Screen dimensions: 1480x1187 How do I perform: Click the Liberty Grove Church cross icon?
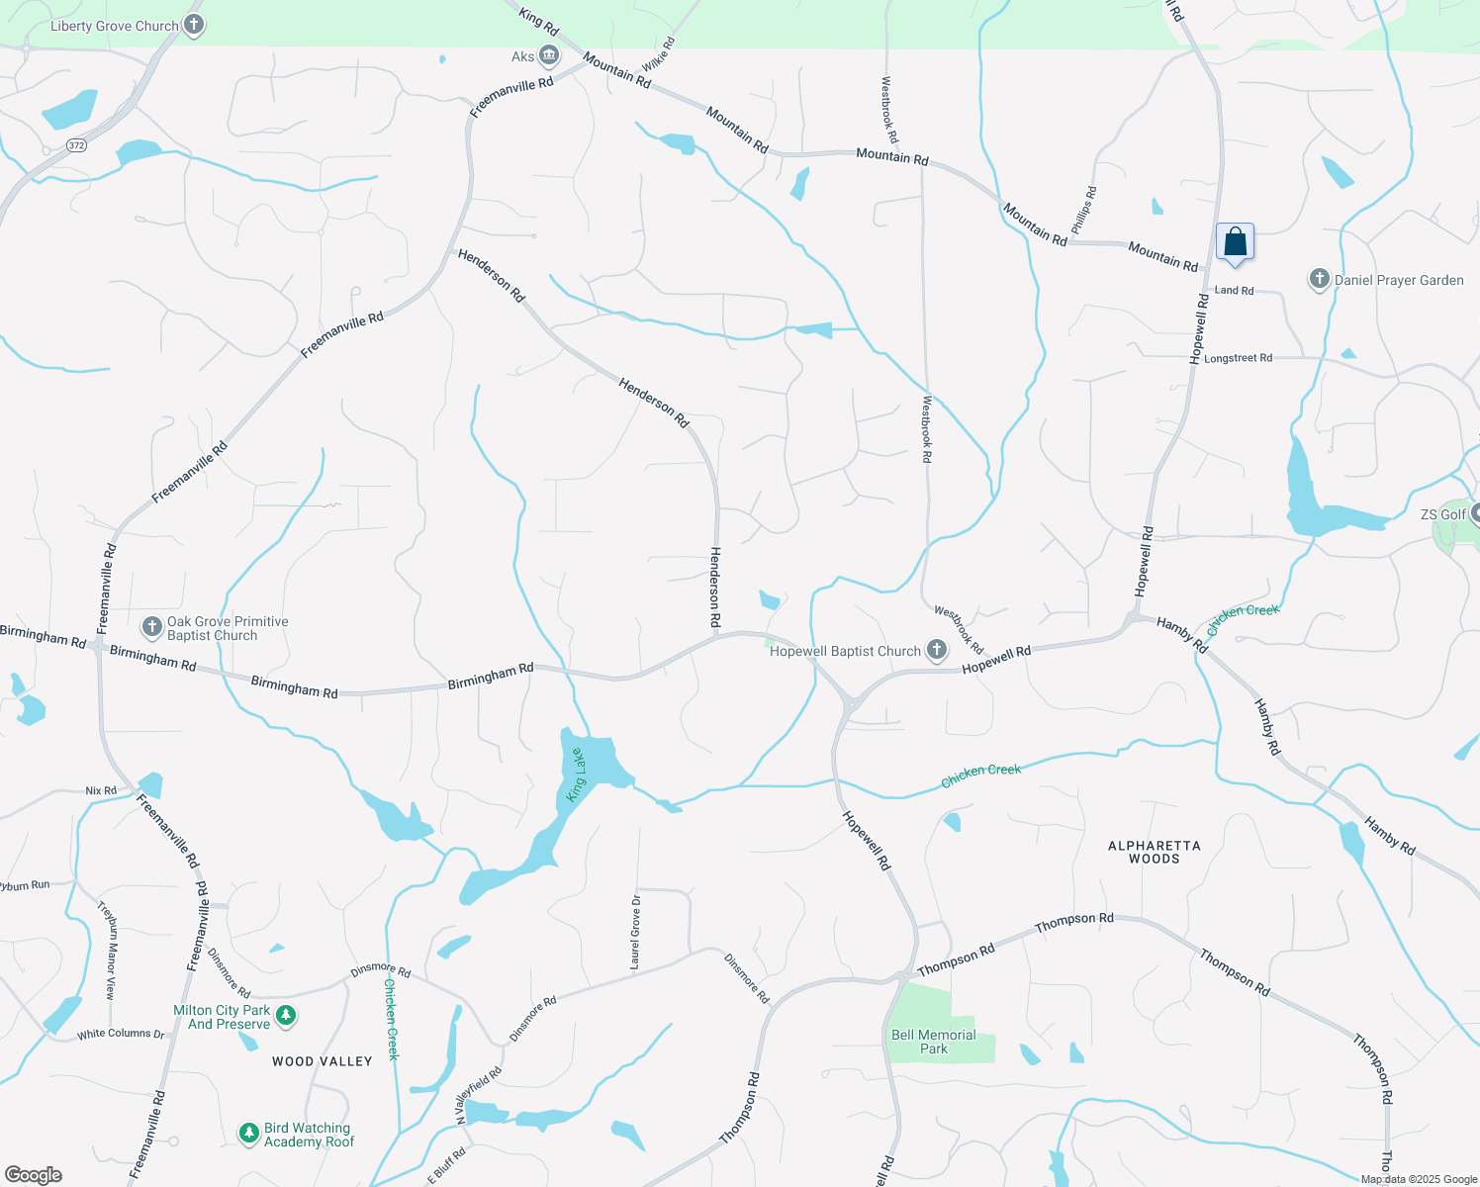coord(194,25)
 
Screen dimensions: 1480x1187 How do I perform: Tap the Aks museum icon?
coord(549,55)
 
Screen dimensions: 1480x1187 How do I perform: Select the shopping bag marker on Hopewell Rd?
coord(1235,241)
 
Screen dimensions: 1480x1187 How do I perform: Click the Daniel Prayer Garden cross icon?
coord(1319,279)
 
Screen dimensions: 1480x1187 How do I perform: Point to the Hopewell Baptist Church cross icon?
coord(936,650)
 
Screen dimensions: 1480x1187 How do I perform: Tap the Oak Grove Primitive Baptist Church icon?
coord(152,626)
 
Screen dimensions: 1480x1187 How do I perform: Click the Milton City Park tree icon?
coord(286,1015)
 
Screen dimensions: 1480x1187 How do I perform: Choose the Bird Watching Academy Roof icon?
coord(249,1133)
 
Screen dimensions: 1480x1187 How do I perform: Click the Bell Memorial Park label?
coord(933,1042)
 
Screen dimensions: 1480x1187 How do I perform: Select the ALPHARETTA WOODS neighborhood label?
coord(1154,852)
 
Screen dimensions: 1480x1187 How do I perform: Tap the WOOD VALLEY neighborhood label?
coord(323,1061)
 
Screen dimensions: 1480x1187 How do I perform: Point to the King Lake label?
coord(576,775)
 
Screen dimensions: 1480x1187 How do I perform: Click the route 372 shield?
coord(77,145)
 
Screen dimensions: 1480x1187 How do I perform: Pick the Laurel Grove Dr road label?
coord(635,931)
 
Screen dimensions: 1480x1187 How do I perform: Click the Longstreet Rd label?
coord(1238,358)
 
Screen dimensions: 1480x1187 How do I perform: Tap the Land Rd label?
coord(1234,290)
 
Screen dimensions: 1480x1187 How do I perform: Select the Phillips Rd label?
coord(1084,210)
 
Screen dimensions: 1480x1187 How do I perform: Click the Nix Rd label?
coord(101,790)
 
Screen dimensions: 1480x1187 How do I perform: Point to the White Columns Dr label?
coord(121,1034)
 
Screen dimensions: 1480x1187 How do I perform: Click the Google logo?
coord(34,1174)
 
